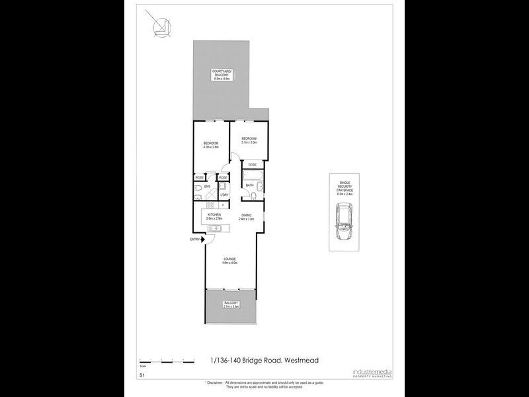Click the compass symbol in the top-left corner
click(159, 26)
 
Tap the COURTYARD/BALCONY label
click(221, 75)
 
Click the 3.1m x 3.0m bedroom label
click(249, 140)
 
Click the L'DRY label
click(224, 195)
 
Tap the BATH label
click(250, 185)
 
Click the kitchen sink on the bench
click(216, 229)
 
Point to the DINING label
click(246, 216)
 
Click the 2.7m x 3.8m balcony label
click(231, 305)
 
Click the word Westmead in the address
click(302, 360)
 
